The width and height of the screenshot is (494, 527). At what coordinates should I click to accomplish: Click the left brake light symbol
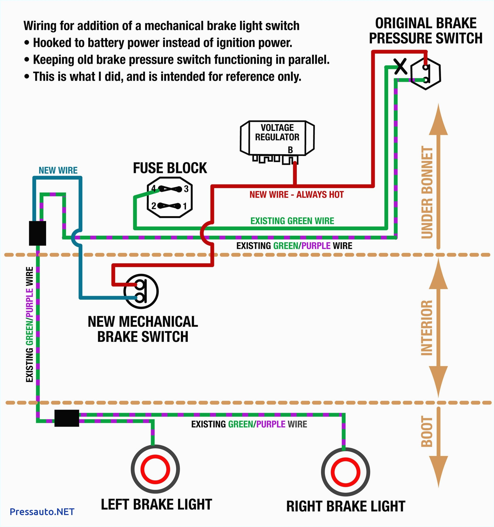coord(155,469)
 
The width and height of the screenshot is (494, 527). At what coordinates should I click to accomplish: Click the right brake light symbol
coord(345,472)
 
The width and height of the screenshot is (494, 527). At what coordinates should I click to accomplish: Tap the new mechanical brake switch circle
coord(141,291)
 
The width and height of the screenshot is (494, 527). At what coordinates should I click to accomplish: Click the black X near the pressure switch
coord(400,67)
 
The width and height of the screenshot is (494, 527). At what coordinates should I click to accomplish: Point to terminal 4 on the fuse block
coord(153,189)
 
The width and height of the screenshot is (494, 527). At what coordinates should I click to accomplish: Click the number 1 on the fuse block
coord(185,206)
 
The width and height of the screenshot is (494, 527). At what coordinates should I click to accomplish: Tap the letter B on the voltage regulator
coord(290,150)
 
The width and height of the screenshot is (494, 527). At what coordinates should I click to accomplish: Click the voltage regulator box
coord(277,138)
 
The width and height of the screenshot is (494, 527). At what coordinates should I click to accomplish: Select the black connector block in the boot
coord(67,418)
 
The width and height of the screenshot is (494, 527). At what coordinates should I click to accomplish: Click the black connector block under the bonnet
coord(37,233)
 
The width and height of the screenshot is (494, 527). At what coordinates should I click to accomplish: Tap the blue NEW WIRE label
coord(58,170)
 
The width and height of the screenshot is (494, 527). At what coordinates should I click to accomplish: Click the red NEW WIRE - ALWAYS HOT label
coord(297,195)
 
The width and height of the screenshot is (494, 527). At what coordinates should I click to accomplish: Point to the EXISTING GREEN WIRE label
coord(292,221)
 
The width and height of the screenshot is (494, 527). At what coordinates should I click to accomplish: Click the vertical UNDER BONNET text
coord(427,192)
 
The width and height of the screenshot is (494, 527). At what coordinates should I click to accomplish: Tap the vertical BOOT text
coord(427,431)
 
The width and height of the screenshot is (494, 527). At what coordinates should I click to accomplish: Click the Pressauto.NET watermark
coord(42,511)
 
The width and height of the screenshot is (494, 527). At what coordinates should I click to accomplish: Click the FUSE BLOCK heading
coord(170,168)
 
